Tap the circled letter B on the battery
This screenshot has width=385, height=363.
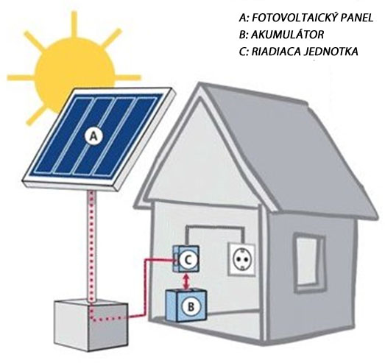tap(191, 306)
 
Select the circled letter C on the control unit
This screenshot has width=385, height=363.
tap(187, 260)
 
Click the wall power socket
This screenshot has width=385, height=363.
tap(241, 260)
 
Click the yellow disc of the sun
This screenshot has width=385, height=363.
tap(74, 76)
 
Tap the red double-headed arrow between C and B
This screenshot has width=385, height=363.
tap(187, 282)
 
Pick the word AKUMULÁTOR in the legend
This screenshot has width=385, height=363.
tap(287, 35)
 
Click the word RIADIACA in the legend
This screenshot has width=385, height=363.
tap(276, 52)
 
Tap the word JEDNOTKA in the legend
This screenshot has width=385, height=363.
tap(331, 52)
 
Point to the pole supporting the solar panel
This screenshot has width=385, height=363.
tap(92, 246)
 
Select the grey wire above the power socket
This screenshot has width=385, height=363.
tap(215, 227)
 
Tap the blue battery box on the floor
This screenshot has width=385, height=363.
tap(186, 306)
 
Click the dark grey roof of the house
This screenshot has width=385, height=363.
tap(290, 147)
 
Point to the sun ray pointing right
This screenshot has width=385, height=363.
tap(128, 77)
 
